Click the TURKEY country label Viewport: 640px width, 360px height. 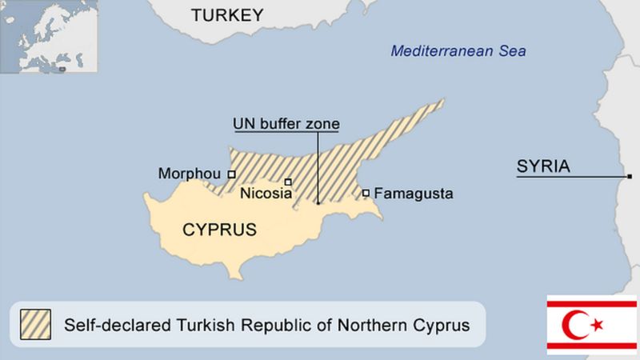pos(227,15)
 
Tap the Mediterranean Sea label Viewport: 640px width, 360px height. pos(458,51)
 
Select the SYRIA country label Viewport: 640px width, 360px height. pos(543,167)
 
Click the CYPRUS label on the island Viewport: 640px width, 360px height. pos(220,230)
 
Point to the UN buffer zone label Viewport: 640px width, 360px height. pos(286,124)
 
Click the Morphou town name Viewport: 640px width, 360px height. pos(190,174)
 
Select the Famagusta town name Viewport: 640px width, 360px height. pos(414,194)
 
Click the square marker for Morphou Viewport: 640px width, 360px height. pos(231,174)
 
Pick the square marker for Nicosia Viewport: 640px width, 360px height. pos(288,182)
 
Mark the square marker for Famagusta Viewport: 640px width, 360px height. pos(366,193)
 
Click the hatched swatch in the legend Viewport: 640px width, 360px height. pos(35,325)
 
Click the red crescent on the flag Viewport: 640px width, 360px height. pos(576,325)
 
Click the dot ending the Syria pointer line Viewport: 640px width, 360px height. pos(630,176)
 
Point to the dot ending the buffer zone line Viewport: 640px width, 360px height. pos(318,202)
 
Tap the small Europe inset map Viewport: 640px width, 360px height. pos(49,37)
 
